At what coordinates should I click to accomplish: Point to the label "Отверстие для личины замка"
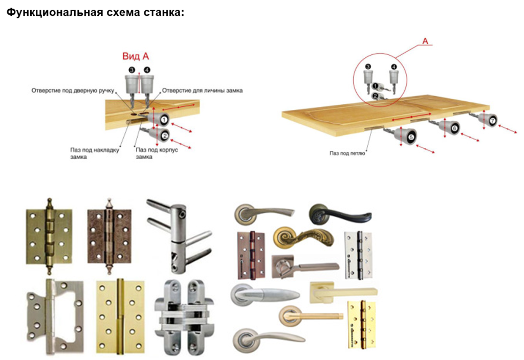202,91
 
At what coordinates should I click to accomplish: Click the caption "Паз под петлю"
347,152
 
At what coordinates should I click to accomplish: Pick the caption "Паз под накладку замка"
94,153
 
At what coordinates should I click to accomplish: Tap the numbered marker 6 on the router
454,128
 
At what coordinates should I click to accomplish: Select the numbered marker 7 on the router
492,121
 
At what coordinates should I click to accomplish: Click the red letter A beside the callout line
425,40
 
